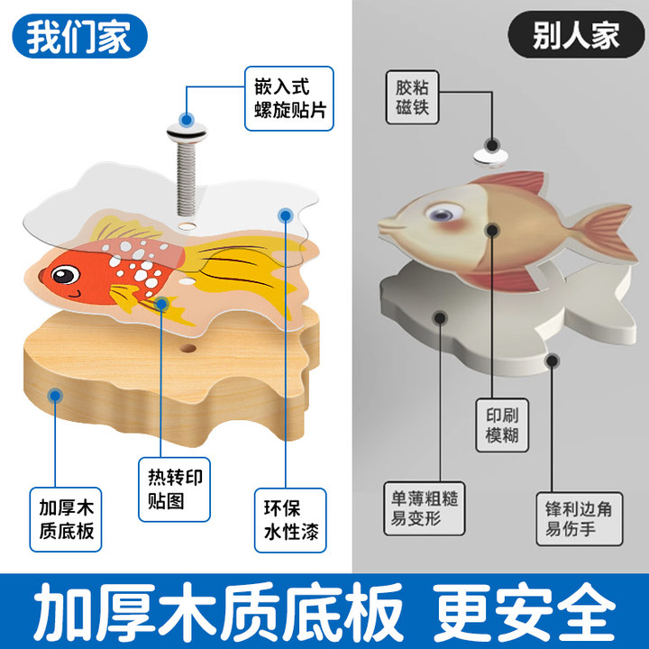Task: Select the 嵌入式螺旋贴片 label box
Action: [288, 98]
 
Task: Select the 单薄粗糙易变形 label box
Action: [424, 511]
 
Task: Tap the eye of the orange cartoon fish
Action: [64, 272]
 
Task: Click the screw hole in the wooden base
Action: [188, 347]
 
